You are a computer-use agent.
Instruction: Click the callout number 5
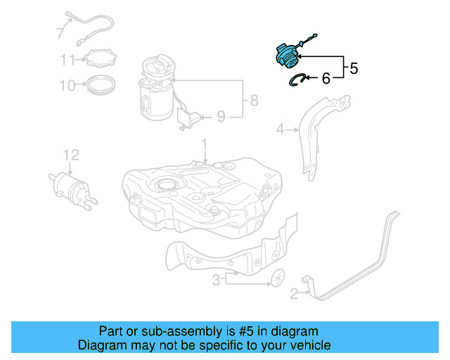[x=354, y=69]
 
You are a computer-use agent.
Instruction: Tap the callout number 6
[x=326, y=79]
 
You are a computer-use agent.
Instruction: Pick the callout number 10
[x=67, y=86]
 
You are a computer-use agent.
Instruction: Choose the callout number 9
[x=220, y=116]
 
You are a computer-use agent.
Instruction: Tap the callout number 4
[x=279, y=129]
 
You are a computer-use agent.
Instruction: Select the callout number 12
[x=71, y=155]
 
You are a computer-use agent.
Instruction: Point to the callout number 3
[x=217, y=280]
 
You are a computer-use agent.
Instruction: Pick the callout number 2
[x=295, y=297]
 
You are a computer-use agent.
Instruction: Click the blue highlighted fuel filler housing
[x=288, y=55]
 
